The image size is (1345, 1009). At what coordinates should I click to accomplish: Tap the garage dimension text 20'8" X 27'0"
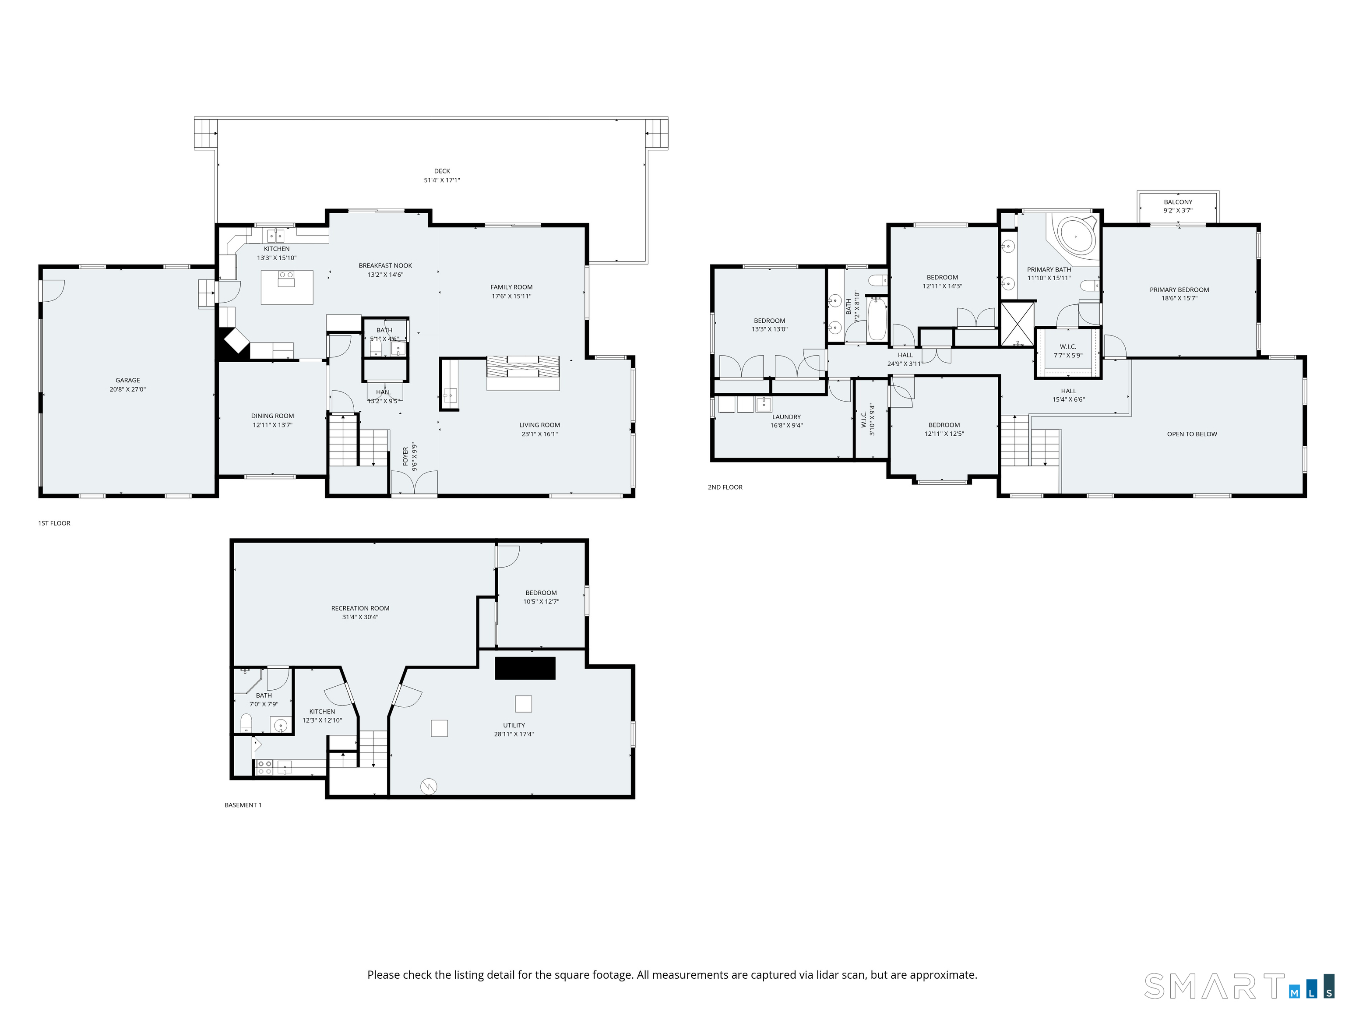point(128,389)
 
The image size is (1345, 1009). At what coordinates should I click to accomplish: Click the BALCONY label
point(1178,202)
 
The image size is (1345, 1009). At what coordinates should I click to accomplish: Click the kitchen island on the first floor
point(287,287)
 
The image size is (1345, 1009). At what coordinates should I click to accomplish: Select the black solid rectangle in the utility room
point(525,668)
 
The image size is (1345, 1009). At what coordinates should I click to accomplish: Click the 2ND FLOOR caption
point(725,487)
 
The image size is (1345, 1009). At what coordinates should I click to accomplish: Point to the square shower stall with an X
point(1017,324)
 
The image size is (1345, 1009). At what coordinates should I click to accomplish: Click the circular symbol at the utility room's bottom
point(429,787)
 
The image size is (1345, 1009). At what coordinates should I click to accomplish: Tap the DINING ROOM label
point(272,416)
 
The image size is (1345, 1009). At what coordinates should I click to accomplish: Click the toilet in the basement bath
point(246,724)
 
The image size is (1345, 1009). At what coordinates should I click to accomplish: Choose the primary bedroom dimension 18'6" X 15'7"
point(1179,299)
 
